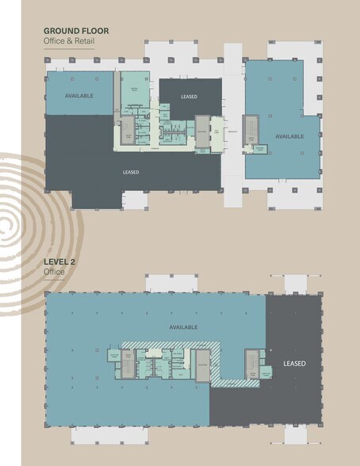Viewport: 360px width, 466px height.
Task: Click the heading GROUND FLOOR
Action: [75, 32]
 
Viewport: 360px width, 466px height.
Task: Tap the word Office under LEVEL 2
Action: [52, 272]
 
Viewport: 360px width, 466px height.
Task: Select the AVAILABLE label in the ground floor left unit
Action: [79, 95]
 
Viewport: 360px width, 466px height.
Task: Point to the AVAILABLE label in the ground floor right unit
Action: [289, 136]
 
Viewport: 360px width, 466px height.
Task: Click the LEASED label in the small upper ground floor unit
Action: [189, 97]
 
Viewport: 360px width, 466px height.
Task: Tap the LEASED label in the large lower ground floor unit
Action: [131, 172]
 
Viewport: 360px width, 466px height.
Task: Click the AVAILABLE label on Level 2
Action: [183, 327]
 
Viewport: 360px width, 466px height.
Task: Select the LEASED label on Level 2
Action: [294, 364]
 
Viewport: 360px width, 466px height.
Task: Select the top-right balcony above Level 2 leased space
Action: [296, 284]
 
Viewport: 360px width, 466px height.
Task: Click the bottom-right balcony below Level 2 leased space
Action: [296, 434]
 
